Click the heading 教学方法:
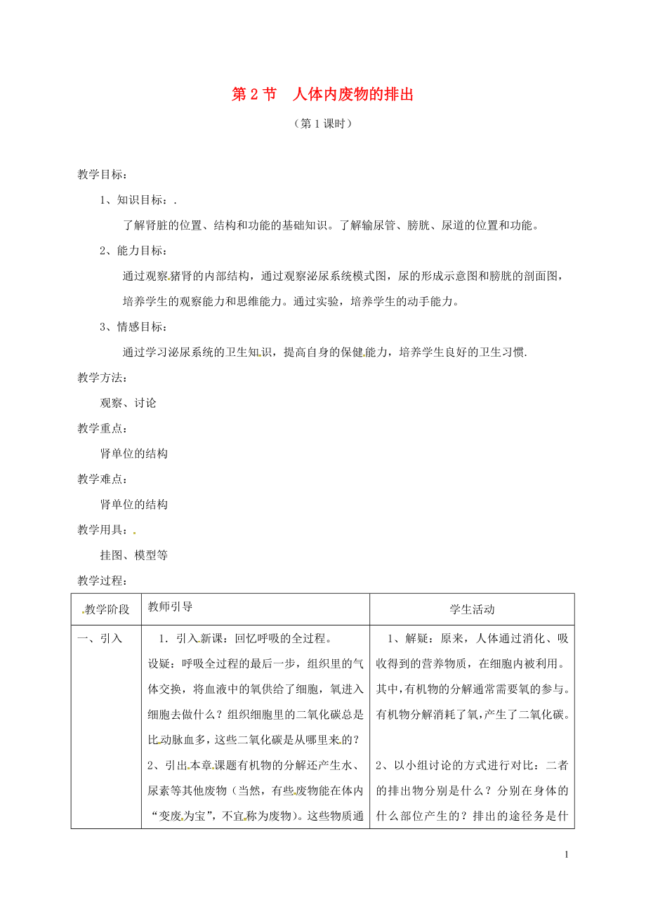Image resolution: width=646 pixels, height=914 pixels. (102, 378)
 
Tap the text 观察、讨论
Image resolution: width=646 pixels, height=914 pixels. (128, 403)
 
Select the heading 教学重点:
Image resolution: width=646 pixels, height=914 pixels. (102, 428)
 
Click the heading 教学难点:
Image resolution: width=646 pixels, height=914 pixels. (102, 479)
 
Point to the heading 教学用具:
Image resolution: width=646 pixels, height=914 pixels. (102, 530)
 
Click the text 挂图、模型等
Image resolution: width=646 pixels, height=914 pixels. (134, 555)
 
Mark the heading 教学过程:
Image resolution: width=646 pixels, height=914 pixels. (102, 581)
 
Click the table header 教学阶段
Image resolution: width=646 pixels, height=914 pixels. (107, 609)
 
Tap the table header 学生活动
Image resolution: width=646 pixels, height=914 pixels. (472, 609)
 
